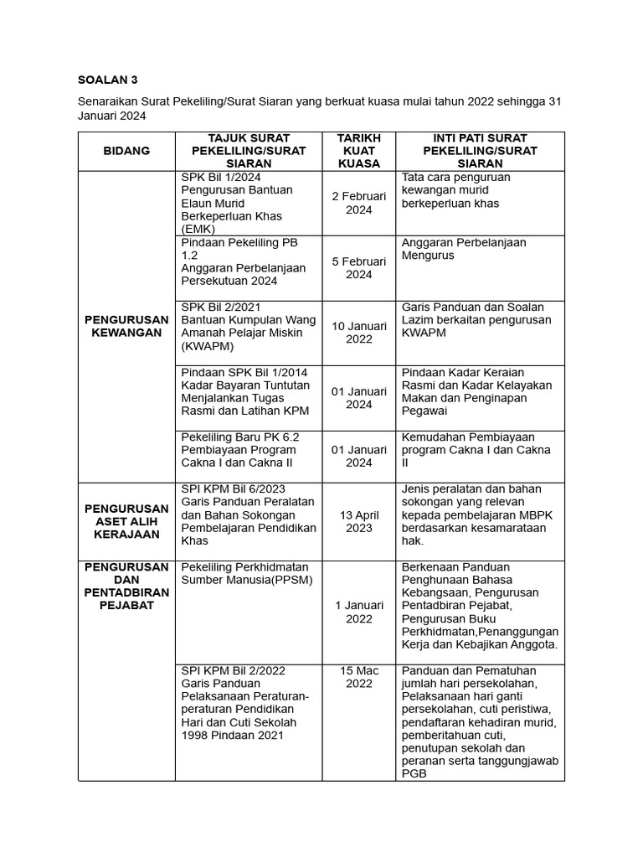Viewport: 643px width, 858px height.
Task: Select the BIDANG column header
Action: (126, 151)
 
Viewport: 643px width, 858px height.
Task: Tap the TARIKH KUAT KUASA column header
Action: (358, 151)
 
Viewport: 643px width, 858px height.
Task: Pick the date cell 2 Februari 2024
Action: (358, 203)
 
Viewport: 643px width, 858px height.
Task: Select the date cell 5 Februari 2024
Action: (358, 268)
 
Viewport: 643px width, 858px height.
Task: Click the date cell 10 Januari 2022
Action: (358, 333)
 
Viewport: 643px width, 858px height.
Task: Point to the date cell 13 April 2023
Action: (358, 521)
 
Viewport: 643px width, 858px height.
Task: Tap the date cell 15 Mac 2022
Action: (358, 677)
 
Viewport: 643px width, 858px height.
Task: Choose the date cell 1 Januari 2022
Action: (358, 612)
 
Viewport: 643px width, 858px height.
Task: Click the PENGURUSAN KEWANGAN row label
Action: (126, 326)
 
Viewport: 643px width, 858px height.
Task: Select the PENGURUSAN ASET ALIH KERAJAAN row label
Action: (126, 521)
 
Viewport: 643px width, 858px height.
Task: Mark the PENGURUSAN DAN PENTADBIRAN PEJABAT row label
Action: (126, 586)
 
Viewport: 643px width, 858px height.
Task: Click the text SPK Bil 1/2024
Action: (221, 178)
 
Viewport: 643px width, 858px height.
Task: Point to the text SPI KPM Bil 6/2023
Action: (232, 489)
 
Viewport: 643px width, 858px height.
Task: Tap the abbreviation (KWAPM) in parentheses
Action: (208, 346)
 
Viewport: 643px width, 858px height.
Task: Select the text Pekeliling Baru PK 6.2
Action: (239, 437)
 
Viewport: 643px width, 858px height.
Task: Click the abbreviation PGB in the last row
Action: (414, 774)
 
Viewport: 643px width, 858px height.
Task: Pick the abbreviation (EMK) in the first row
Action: (198, 229)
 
